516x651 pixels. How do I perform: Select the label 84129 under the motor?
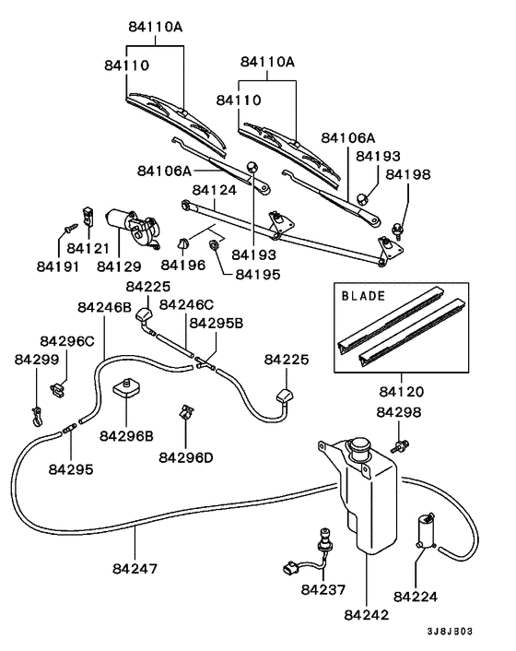[119, 266]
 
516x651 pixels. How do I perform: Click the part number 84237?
[322, 588]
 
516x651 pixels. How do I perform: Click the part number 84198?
[407, 173]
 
